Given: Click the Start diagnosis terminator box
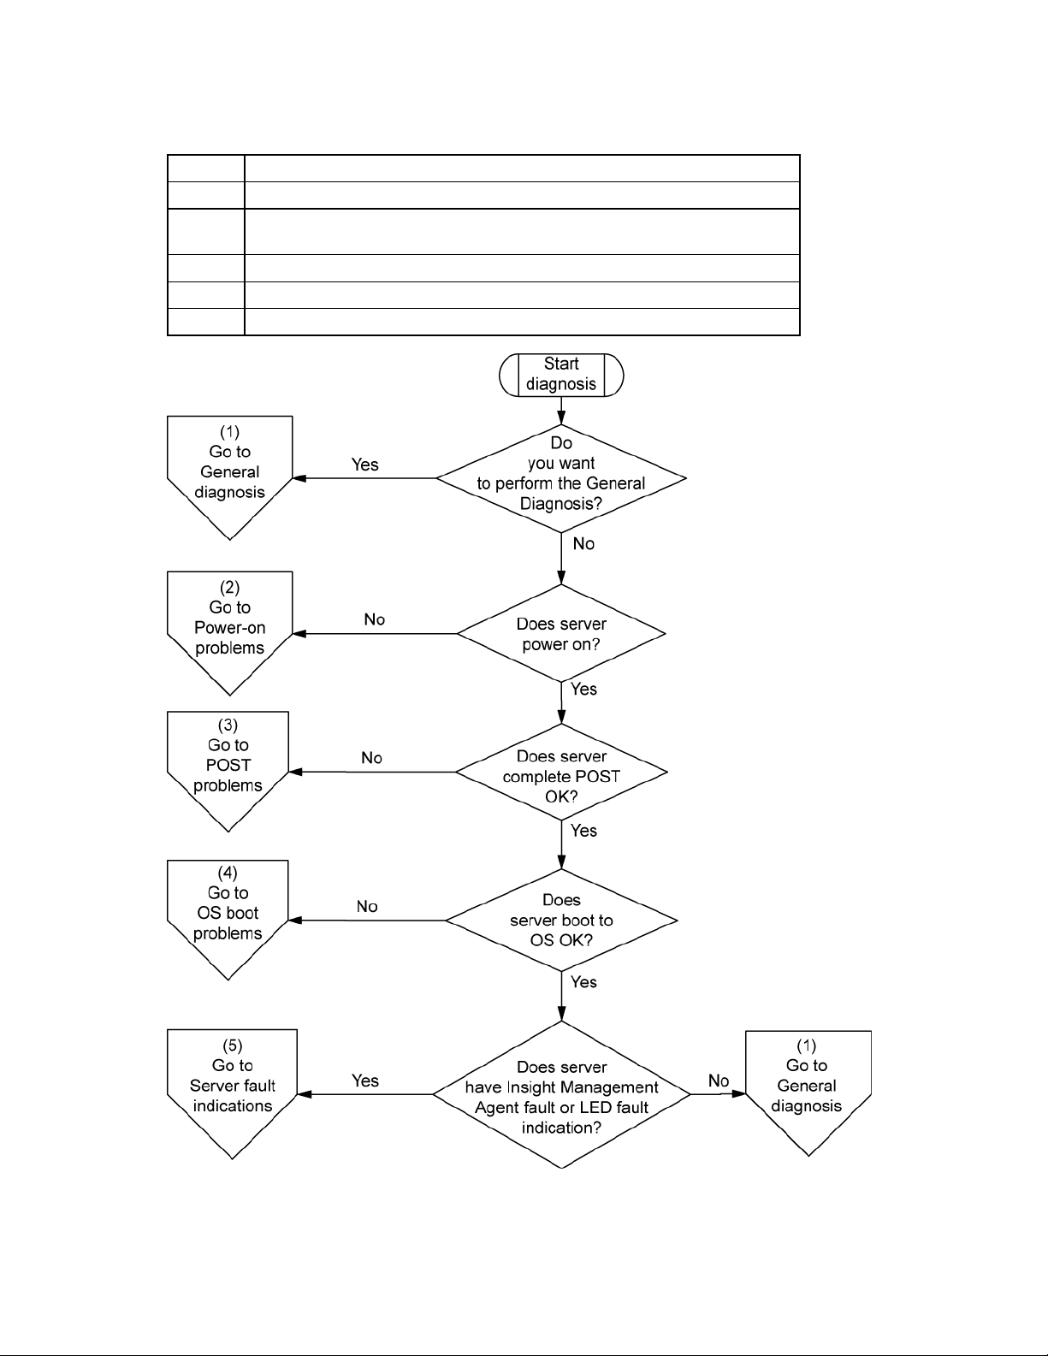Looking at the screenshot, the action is [561, 375].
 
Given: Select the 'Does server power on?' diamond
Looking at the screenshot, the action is [561, 633].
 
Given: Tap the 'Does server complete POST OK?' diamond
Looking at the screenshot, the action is [561, 772].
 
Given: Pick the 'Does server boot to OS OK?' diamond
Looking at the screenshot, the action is [561, 921].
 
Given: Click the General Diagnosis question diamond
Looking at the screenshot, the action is [561, 478].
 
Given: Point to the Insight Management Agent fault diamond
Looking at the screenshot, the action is [561, 1094].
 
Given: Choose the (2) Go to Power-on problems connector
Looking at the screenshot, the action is [229, 633].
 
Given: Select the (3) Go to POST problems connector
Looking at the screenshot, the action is [228, 772].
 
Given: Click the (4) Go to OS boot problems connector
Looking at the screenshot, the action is [228, 920].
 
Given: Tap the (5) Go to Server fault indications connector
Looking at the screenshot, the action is [232, 1094].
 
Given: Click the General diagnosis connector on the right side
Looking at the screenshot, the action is [808, 1093].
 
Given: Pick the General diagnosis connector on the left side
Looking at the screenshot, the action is [229, 477].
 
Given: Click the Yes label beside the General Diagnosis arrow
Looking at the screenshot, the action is [365, 465].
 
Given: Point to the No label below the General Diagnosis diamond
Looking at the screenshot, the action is [583, 543].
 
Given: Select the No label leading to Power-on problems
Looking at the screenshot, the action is [375, 619].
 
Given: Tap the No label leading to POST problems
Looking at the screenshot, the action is [372, 757].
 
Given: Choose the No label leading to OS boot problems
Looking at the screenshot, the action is [367, 906].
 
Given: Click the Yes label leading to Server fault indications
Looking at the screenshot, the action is [365, 1081].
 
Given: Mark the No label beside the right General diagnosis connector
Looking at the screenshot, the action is [719, 1081].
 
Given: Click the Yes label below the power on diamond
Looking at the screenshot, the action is [583, 689].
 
